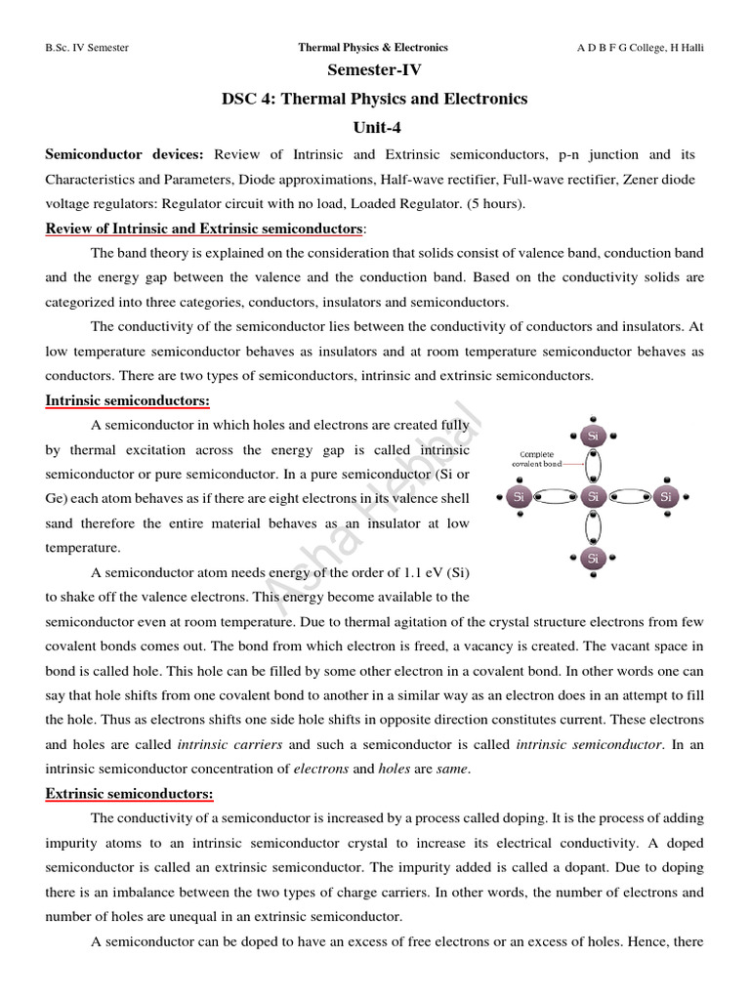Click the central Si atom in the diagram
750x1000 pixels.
pyautogui.click(x=593, y=497)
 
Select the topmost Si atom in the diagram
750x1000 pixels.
pyautogui.click(x=593, y=436)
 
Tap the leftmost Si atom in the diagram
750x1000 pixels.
pyautogui.click(x=519, y=497)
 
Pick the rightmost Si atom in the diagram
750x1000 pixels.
pyautogui.click(x=666, y=497)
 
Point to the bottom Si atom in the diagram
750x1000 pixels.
pyautogui.click(x=593, y=559)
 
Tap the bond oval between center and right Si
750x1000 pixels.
pyautogui.click(x=630, y=497)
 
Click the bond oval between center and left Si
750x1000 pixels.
pyautogui.click(x=556, y=497)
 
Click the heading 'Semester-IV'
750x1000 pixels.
pyautogui.click(x=374, y=70)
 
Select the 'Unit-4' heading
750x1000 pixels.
pyautogui.click(x=374, y=127)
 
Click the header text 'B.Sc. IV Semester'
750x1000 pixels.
pyautogui.click(x=88, y=47)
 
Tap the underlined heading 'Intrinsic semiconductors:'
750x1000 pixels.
pyautogui.click(x=127, y=401)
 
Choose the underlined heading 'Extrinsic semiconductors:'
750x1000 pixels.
pyautogui.click(x=129, y=794)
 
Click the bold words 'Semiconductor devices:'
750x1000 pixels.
pyautogui.click(x=125, y=155)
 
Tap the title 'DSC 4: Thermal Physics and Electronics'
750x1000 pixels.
pyautogui.click(x=374, y=99)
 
